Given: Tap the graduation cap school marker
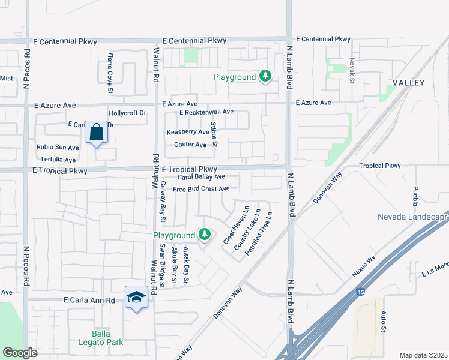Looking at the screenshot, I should point(136,296).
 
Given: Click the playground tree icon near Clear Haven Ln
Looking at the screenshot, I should point(205,234).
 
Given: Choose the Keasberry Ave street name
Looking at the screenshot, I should point(187,131).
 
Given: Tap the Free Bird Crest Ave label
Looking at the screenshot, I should point(201,189).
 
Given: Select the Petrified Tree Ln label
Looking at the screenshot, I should point(259,234).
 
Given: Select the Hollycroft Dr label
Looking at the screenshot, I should point(127,113).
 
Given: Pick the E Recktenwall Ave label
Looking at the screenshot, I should point(206,112).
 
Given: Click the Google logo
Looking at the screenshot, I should point(20,353).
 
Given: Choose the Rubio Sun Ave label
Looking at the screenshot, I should point(58,147).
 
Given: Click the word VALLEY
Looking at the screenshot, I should point(408,82).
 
